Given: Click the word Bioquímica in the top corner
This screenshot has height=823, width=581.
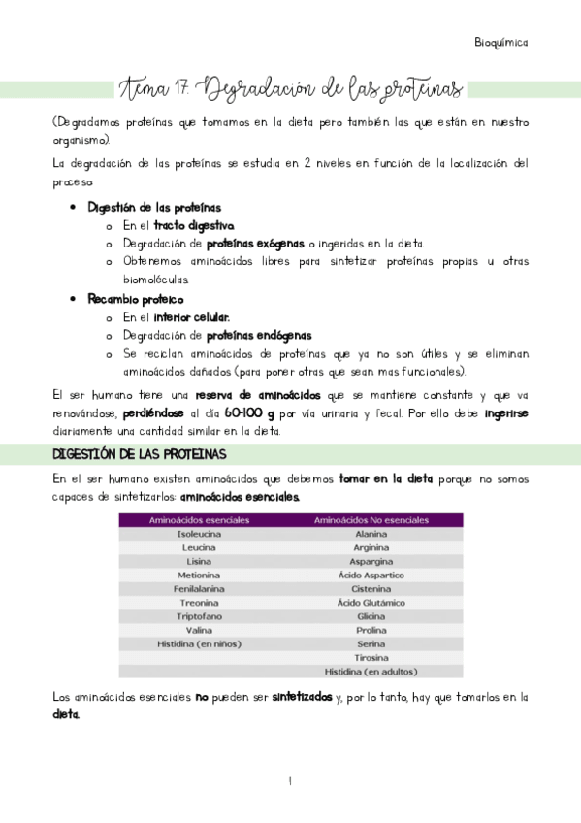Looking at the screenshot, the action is point(501,43).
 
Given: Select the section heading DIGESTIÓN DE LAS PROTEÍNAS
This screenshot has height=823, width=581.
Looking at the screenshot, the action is point(139,454).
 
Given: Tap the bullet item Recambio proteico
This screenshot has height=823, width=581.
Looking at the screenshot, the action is point(136,299).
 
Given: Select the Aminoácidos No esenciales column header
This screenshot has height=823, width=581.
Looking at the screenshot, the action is point(371,521).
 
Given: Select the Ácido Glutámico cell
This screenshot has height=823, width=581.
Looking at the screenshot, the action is point(371,603).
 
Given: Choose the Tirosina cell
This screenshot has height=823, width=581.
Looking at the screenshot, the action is point(371,657).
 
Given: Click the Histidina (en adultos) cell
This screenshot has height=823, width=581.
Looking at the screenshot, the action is point(371,672).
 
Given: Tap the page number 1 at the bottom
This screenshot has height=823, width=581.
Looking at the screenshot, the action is point(290,781).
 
